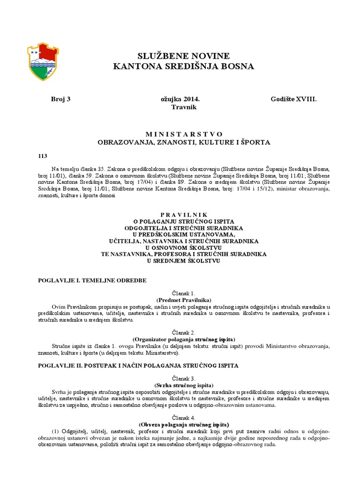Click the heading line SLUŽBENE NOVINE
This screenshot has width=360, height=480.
pyautogui.click(x=183, y=56)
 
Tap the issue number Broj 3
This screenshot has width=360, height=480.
pyautogui.click(x=60, y=99)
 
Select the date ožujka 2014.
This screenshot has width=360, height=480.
pyautogui.click(x=180, y=99)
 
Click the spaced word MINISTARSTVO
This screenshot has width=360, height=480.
pyautogui.click(x=184, y=134)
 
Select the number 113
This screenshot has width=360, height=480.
pyautogui.click(x=43, y=156)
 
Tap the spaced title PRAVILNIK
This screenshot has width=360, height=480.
pyautogui.click(x=183, y=214)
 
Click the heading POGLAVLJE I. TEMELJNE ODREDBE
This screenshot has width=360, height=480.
pyautogui.click(x=92, y=280)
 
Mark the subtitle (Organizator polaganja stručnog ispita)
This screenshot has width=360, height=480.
pyautogui.click(x=183, y=339)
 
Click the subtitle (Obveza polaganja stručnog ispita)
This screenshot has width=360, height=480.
pyautogui.click(x=183, y=424)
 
